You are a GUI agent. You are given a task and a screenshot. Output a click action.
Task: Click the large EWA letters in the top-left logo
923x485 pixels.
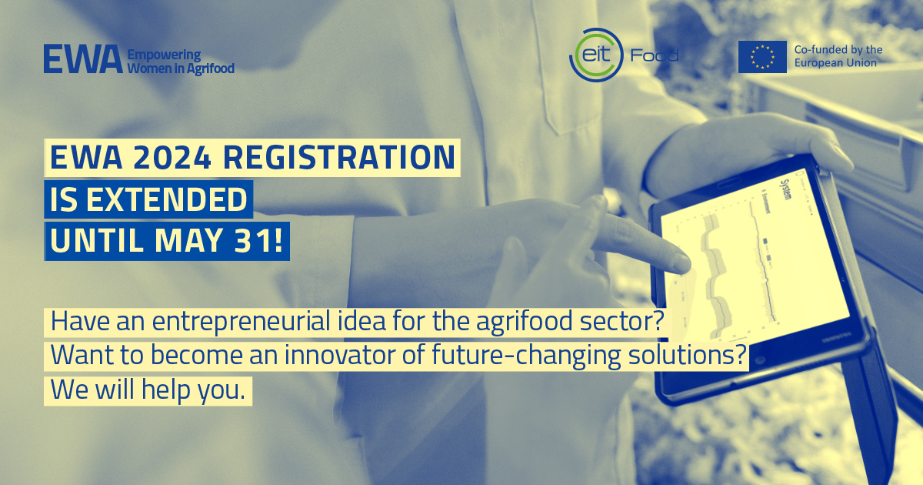click(83, 59)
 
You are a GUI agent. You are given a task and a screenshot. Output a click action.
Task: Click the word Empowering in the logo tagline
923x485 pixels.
click(164, 55)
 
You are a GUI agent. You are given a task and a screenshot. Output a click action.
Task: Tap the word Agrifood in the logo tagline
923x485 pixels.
click(210, 68)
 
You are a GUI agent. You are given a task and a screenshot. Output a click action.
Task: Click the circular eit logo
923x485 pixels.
click(596, 55)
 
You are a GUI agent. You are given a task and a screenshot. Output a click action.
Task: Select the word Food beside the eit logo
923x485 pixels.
click(655, 55)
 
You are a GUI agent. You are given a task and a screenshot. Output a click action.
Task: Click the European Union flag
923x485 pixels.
click(762, 57)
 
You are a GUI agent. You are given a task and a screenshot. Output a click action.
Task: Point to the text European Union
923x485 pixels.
click(835, 63)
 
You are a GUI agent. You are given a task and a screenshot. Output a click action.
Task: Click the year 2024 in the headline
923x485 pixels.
click(172, 157)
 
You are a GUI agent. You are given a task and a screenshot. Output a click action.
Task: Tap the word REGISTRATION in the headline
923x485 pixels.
click(338, 157)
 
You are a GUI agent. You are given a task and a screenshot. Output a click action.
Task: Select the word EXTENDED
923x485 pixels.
click(166, 199)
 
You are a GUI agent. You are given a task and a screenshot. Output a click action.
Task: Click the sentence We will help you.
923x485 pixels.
click(148, 390)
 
